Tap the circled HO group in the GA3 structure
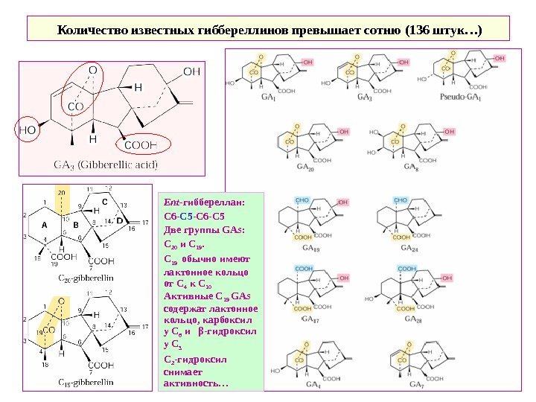click(28, 129)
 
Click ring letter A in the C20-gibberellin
click(44, 223)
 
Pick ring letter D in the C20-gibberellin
click(119, 220)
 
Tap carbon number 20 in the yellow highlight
click(61, 192)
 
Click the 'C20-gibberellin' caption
click(86, 277)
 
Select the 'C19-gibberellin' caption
click(86, 382)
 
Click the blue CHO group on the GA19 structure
click(303, 201)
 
